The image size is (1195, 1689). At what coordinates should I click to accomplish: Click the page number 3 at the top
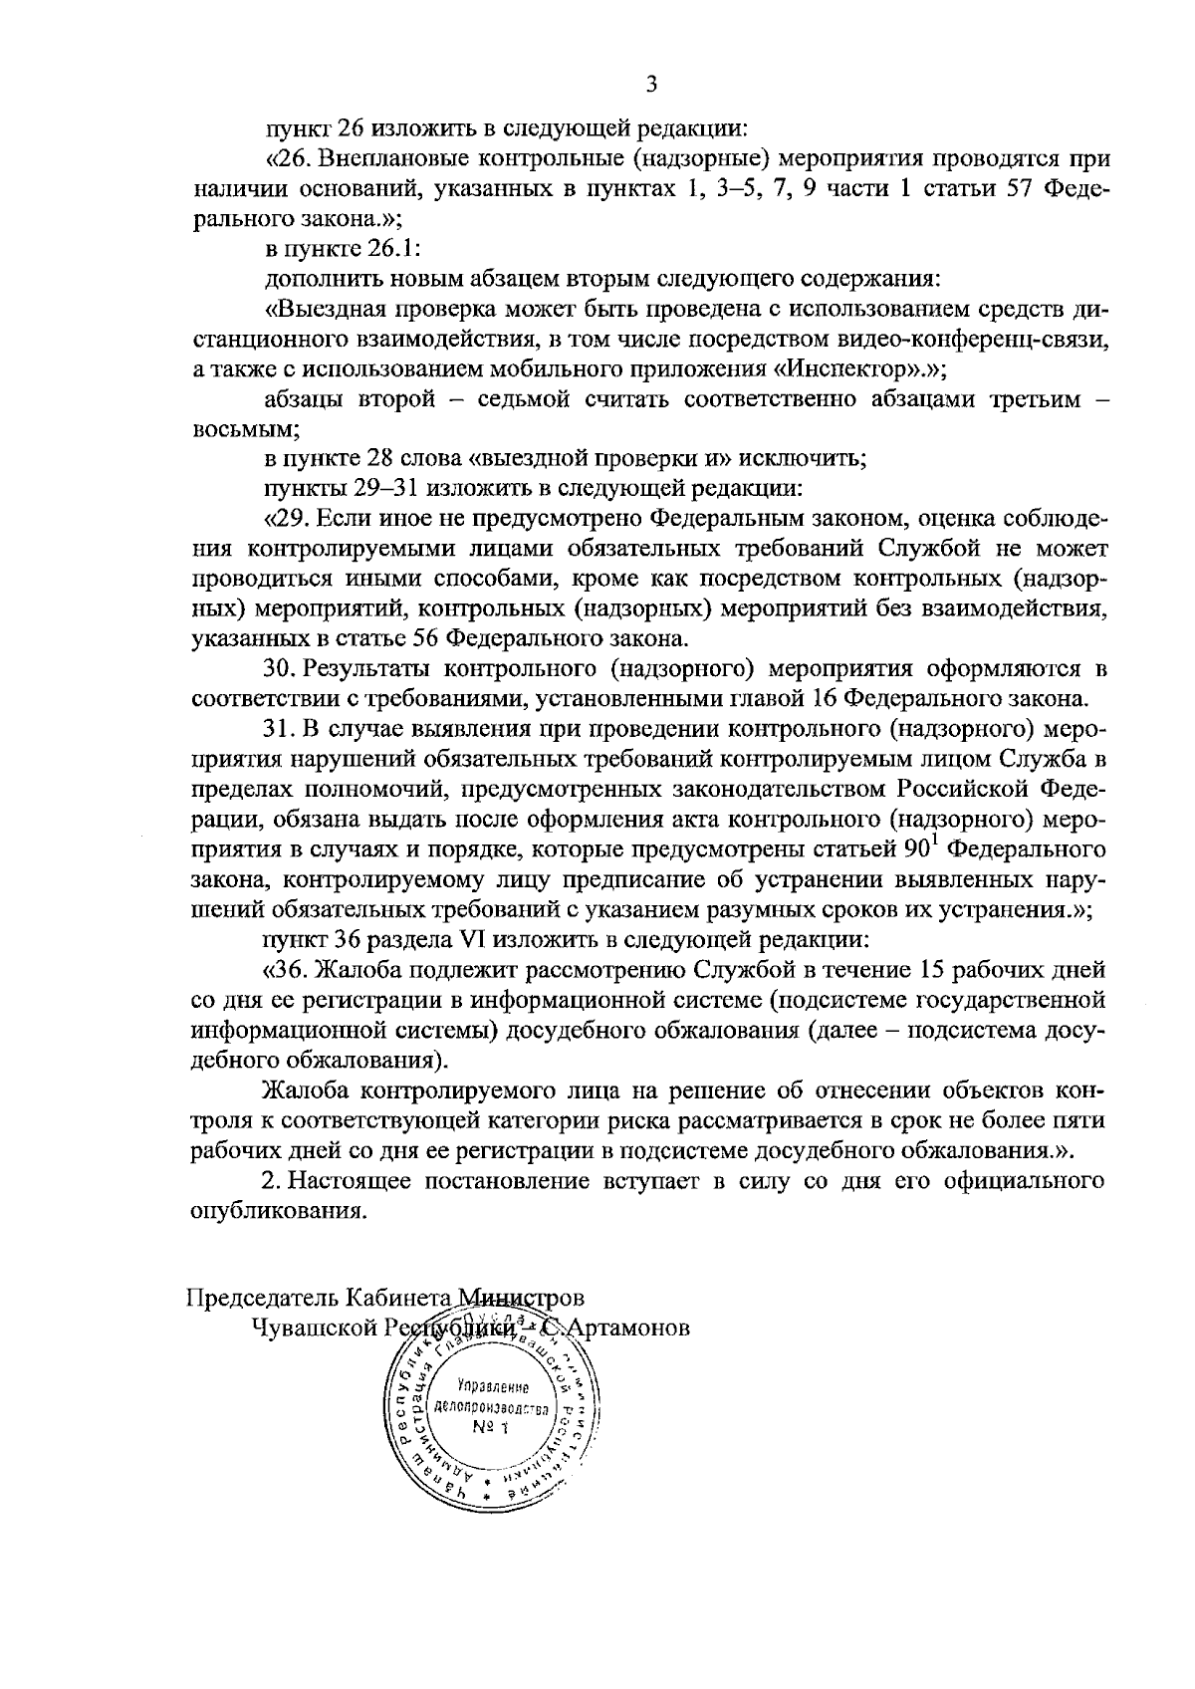(x=651, y=86)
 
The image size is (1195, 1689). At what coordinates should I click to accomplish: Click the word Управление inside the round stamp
(x=492, y=1386)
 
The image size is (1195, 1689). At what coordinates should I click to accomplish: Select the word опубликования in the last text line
(x=274, y=1212)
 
